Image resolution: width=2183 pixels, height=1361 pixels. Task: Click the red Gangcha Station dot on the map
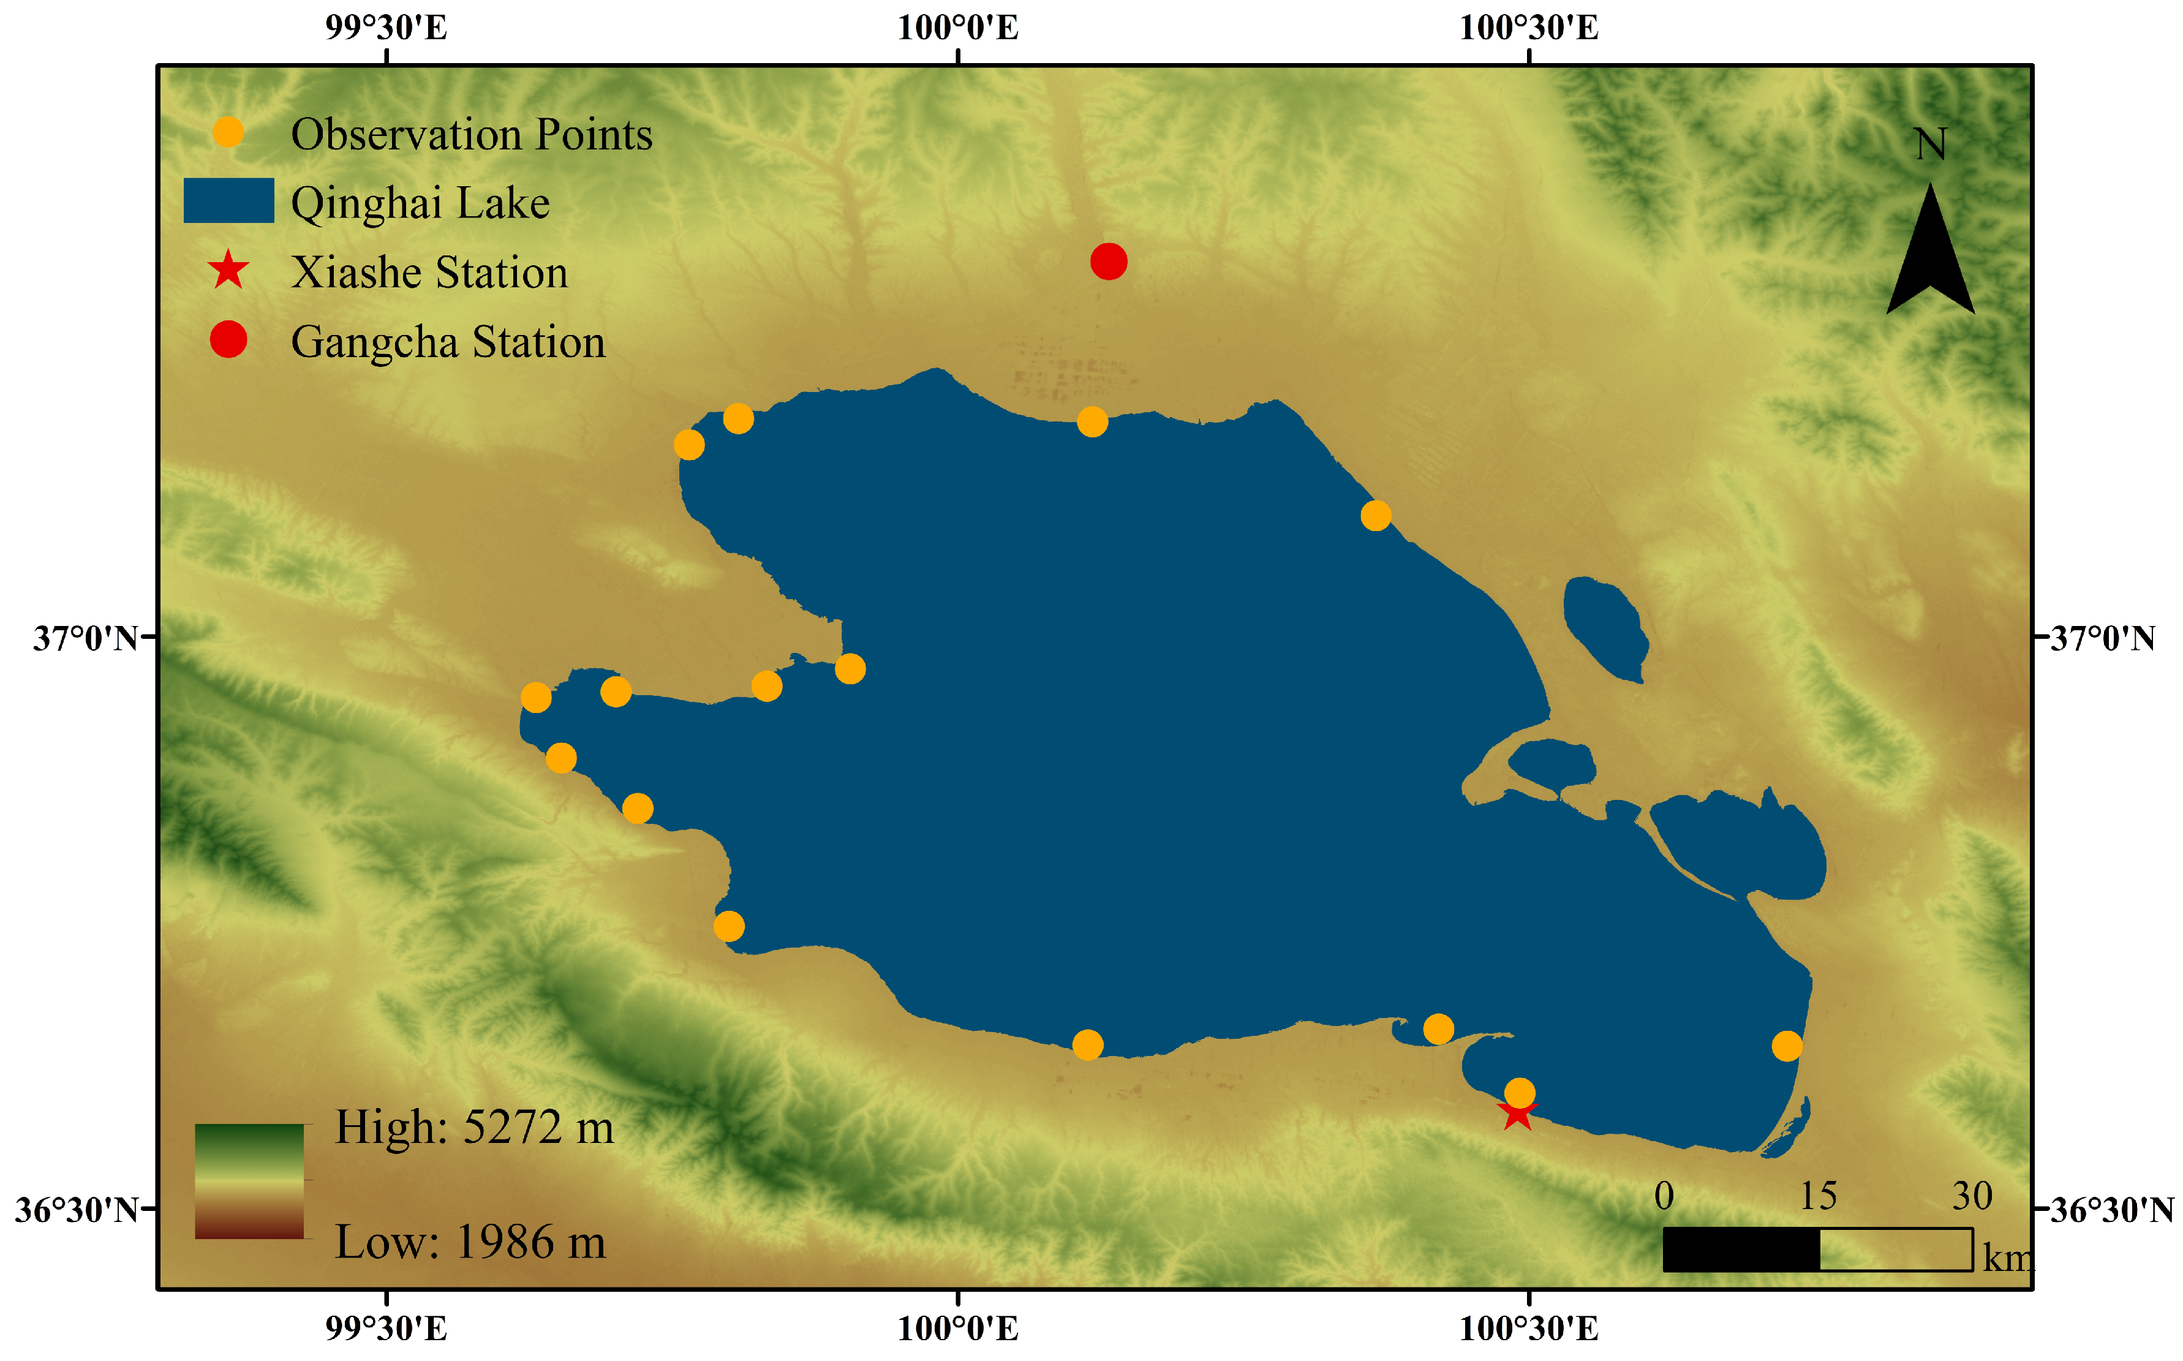[x=1108, y=262]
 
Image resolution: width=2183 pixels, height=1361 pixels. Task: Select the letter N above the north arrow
[x=1930, y=144]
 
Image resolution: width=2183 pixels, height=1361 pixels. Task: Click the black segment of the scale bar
[x=1740, y=1250]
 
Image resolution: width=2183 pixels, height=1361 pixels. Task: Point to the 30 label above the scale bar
[x=1972, y=1196]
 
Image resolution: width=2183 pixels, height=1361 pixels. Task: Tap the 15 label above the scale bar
[x=1817, y=1196]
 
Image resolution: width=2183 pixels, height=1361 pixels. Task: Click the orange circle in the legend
[x=228, y=133]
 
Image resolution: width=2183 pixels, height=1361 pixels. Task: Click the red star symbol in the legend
[x=228, y=271]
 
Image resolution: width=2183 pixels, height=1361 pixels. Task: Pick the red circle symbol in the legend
[x=228, y=339]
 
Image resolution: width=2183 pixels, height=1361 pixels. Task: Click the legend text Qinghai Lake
[x=420, y=203]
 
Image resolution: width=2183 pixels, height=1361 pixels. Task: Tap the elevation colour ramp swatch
[x=249, y=1181]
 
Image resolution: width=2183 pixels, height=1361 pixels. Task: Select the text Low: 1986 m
[x=470, y=1242]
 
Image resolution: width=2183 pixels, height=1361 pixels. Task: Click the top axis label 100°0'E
[x=958, y=28]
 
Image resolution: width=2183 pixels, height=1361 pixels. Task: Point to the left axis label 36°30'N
[x=77, y=1210]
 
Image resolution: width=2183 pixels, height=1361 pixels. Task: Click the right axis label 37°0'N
[x=2103, y=638]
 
